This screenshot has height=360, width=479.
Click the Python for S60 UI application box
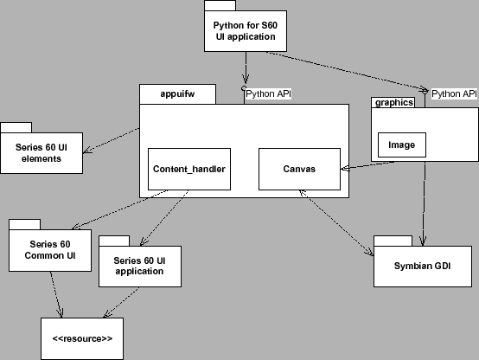point(246,31)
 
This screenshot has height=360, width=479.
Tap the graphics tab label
point(392,102)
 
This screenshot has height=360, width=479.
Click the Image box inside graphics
point(401,145)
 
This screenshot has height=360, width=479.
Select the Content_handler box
point(188,168)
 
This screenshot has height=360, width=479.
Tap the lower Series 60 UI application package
point(140,265)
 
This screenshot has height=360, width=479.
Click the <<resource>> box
point(82,338)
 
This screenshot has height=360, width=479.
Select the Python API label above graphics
point(453,93)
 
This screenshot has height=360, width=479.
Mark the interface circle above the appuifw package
point(245,88)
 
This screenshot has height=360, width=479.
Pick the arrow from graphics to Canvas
point(356,165)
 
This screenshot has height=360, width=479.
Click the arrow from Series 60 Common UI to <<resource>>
point(55,294)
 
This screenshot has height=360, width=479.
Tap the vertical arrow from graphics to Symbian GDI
point(424,199)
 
